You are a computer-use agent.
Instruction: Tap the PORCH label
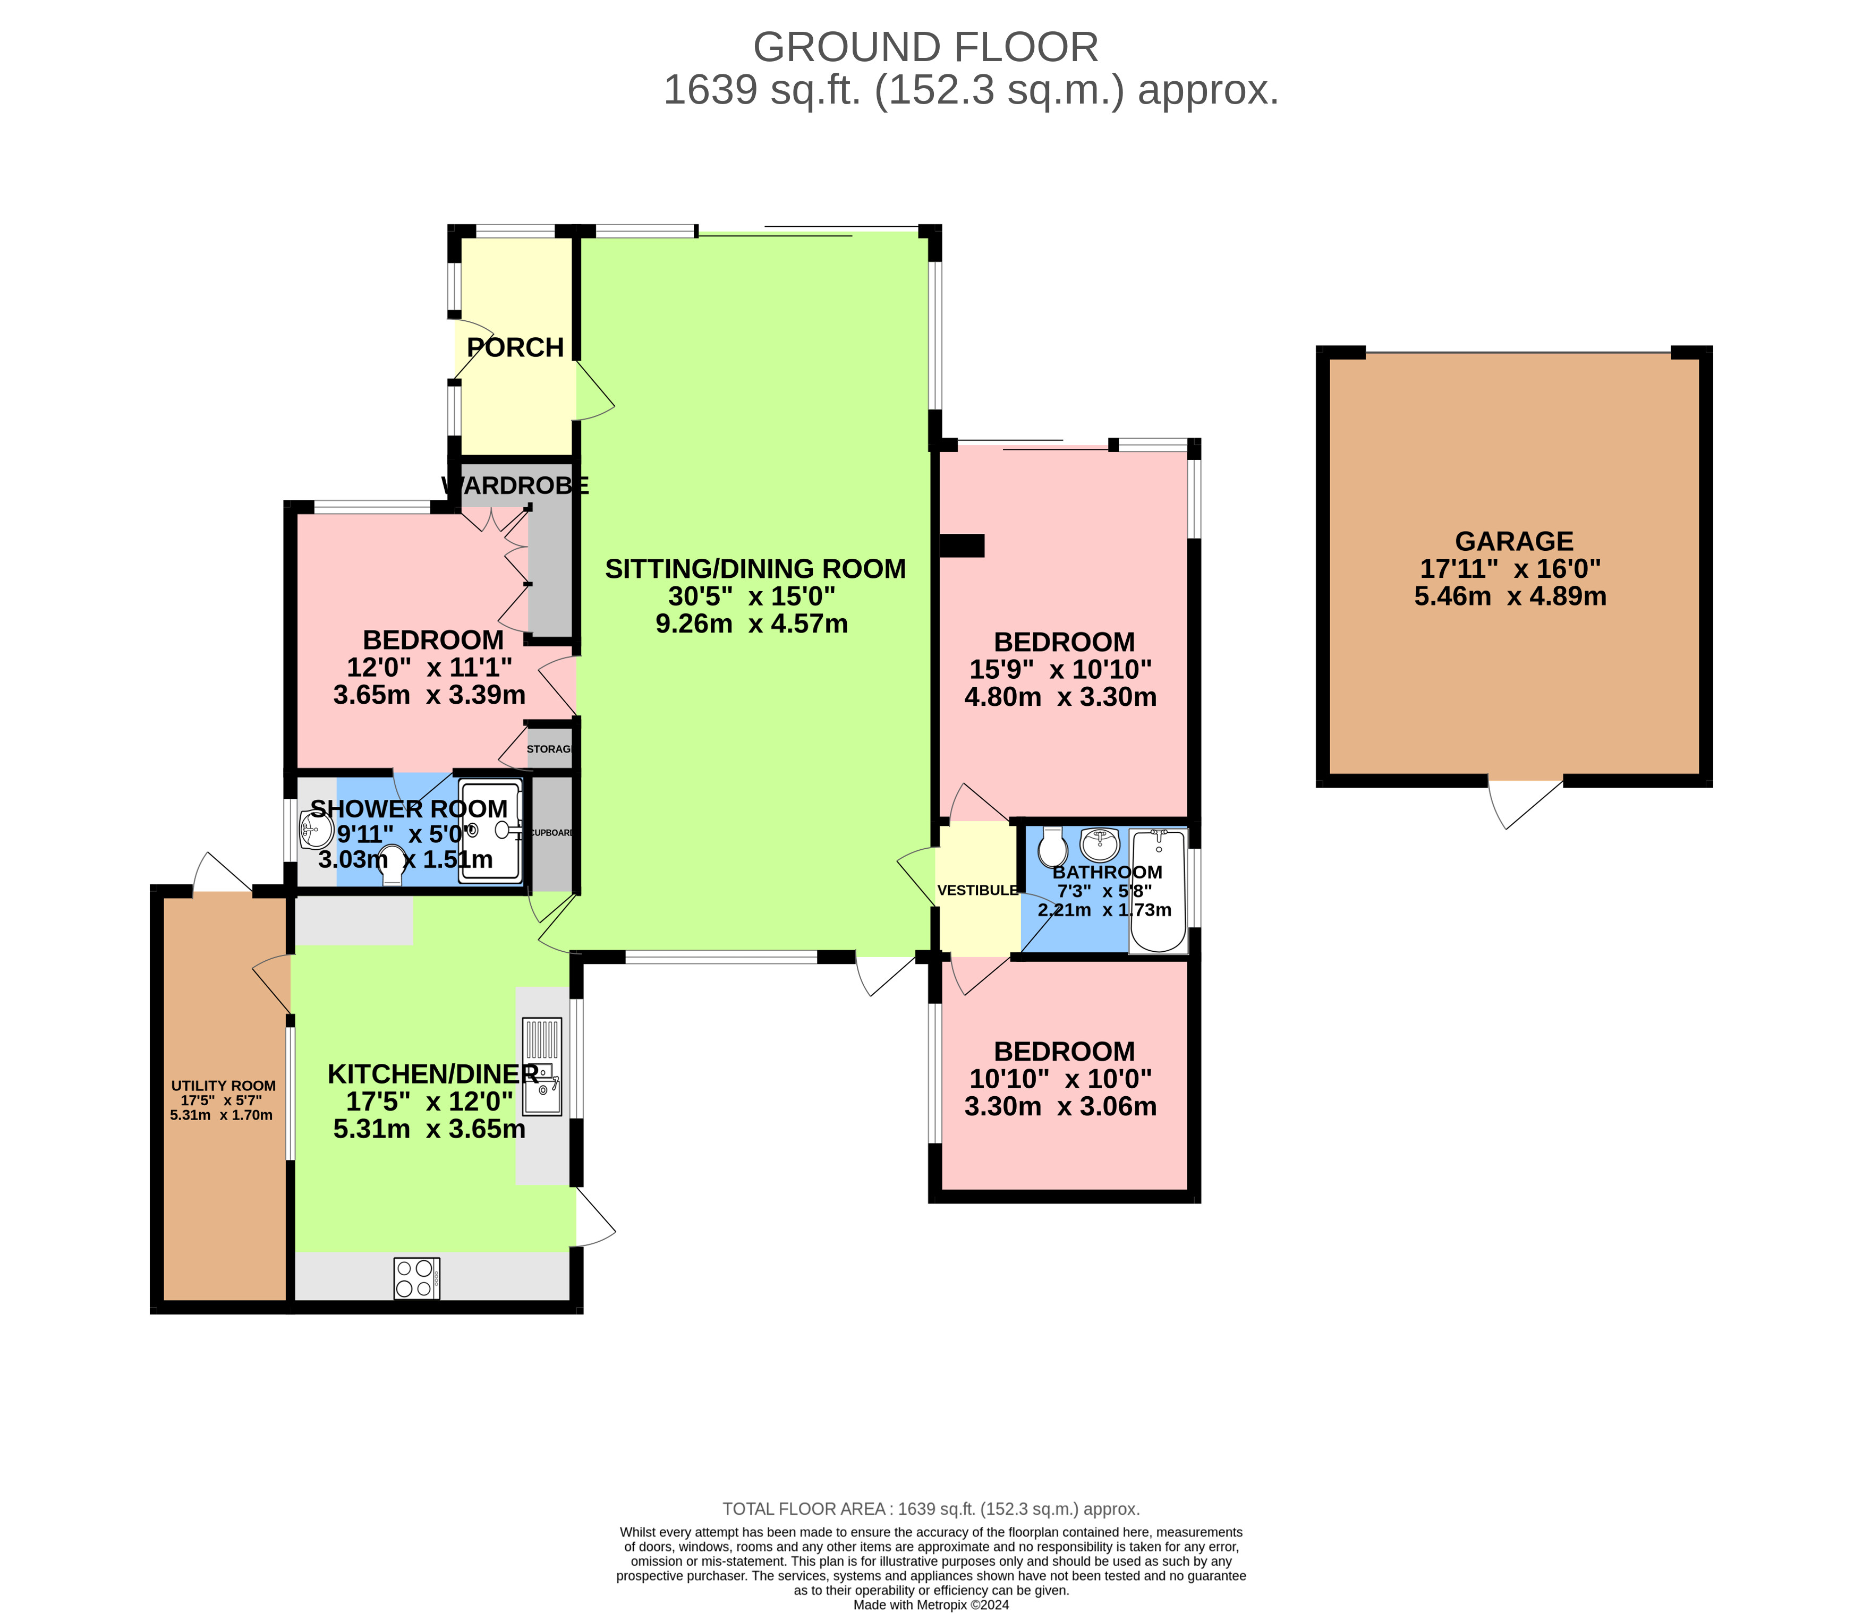pyautogui.click(x=515, y=347)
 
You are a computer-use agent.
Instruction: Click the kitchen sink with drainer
pyautogui.click(x=542, y=1068)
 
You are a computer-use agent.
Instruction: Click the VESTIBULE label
pyautogui.click(x=978, y=890)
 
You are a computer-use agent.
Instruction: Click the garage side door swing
pyautogui.click(x=1525, y=801)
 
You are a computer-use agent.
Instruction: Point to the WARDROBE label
pyautogui.click(x=515, y=486)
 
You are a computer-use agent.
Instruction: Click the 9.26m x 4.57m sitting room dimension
pyautogui.click(x=752, y=624)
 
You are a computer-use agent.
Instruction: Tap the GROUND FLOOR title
pyautogui.click(x=925, y=47)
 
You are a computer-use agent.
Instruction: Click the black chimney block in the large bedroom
pyautogui.click(x=962, y=545)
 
